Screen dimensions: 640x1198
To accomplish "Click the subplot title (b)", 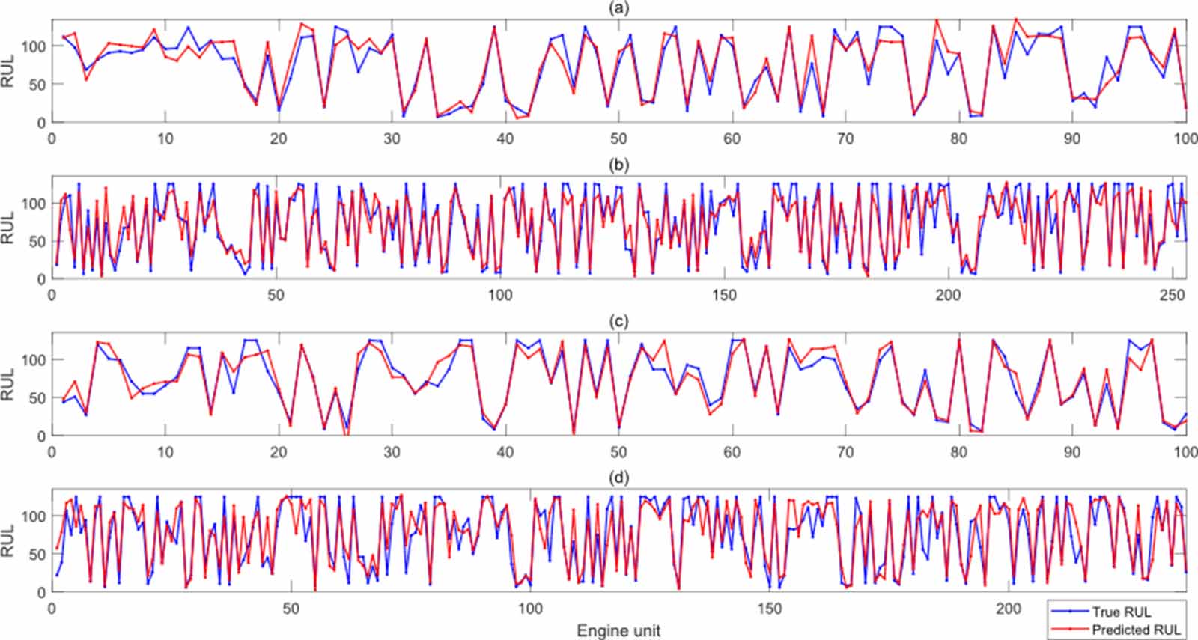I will click(x=618, y=165).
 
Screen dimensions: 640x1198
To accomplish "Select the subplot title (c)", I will click(x=618, y=321).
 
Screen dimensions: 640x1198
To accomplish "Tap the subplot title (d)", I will click(x=618, y=478).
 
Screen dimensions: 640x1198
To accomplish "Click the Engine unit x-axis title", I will click(x=618, y=631).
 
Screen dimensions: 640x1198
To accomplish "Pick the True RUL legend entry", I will click(x=1121, y=612).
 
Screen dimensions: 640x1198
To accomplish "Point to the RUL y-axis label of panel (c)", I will click(x=8, y=384).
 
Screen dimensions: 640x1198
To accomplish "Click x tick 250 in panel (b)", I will click(x=1172, y=295).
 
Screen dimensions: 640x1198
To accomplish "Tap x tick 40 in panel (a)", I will click(x=505, y=138).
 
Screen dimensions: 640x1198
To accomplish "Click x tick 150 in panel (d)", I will click(x=769, y=609).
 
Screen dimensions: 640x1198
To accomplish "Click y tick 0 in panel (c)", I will click(x=42, y=436).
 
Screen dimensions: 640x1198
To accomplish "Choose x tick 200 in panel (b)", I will click(x=948, y=295).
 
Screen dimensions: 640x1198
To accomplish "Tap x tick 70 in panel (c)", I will click(x=845, y=452).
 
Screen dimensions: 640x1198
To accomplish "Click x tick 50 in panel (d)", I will click(x=291, y=609).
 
